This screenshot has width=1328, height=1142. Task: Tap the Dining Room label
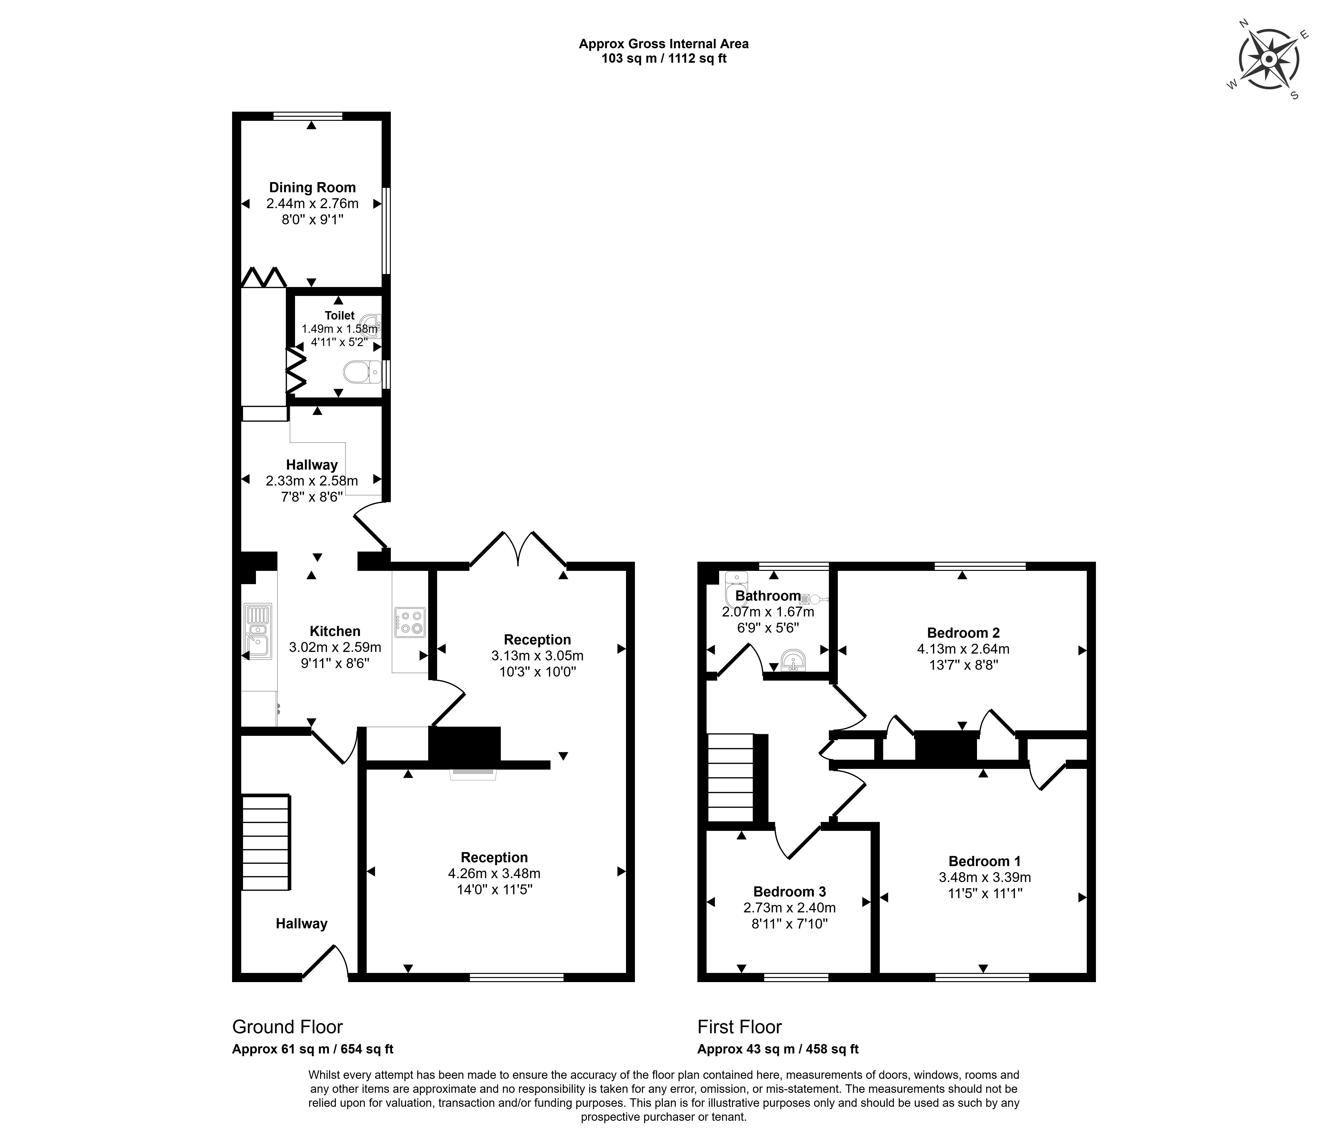312,188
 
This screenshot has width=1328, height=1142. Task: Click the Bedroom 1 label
984,861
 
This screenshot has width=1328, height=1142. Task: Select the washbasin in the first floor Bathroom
793,660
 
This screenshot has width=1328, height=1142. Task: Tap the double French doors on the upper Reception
518,550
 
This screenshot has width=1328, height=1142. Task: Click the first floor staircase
731,777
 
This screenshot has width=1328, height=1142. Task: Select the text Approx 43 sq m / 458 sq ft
778,1049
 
